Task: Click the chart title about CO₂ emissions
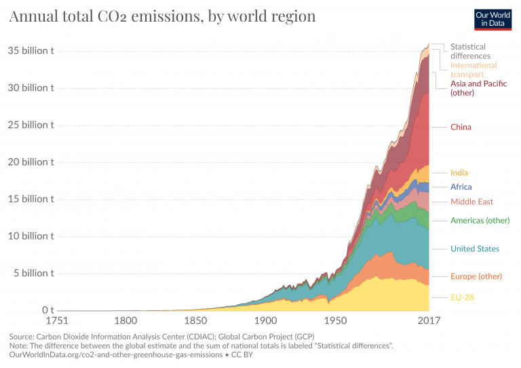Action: pos(162,16)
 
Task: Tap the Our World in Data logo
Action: pos(493,19)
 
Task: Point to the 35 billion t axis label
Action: pos(31,51)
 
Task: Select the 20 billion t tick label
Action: pos(31,162)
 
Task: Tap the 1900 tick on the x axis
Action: pos(265,321)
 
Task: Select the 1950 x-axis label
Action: pos(334,321)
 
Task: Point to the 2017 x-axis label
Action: pos(428,321)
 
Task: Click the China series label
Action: pos(461,127)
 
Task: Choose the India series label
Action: pos(459,172)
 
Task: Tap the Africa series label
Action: pos(461,187)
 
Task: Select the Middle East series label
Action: pos(471,202)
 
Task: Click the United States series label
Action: pos(475,249)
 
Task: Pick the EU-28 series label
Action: pos(462,297)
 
